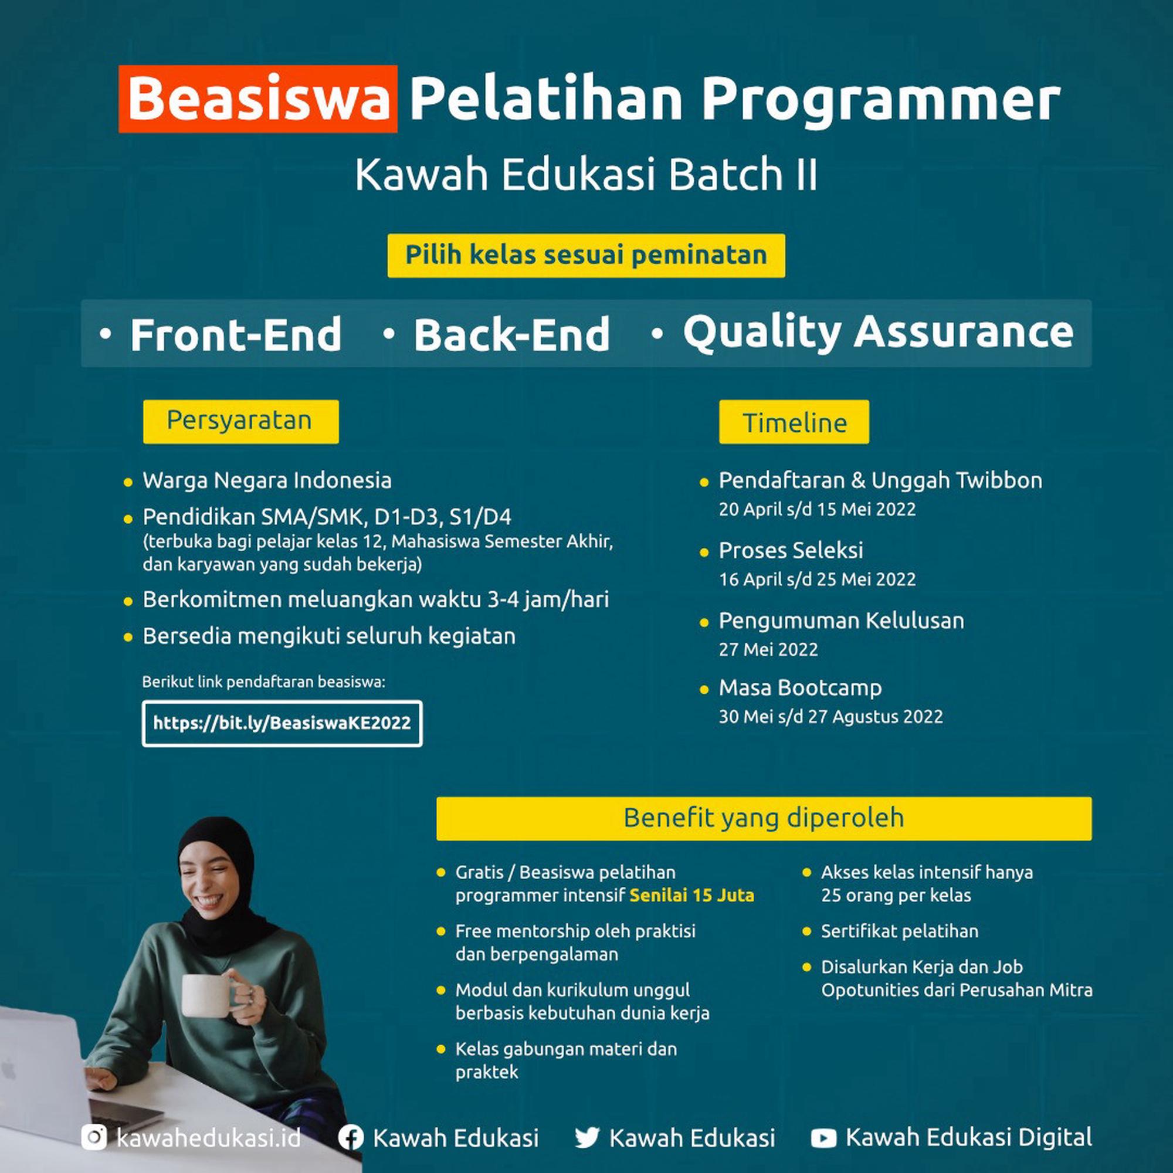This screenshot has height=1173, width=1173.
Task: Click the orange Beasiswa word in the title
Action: coord(258,99)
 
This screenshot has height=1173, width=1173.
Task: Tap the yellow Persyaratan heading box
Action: coord(241,421)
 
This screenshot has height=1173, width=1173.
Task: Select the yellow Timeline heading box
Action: coord(794,422)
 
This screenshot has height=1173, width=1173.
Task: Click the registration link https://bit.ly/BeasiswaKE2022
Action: coord(282,723)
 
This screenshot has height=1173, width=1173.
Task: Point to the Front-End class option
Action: coord(236,334)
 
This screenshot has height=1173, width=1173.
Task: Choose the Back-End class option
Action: coord(512,334)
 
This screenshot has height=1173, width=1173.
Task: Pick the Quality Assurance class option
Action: coord(879,333)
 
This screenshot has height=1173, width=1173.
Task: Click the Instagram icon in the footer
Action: coord(94,1137)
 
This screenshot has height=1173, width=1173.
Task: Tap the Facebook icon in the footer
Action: coord(351,1138)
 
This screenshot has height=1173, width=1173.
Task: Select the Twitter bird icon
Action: coord(587,1138)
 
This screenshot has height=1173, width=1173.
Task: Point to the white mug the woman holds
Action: coord(207,995)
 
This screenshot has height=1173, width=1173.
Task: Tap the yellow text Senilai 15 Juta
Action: coord(692,896)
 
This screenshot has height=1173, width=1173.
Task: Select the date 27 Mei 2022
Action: coord(769,650)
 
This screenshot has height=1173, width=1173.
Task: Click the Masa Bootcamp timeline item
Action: coord(800,688)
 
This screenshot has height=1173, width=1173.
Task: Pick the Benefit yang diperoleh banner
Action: coord(764,818)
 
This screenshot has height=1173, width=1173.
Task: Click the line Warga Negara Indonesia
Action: coord(267,481)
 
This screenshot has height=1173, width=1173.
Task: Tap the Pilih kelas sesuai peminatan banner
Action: coord(586,256)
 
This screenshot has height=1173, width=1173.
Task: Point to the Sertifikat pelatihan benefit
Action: coord(900,931)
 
